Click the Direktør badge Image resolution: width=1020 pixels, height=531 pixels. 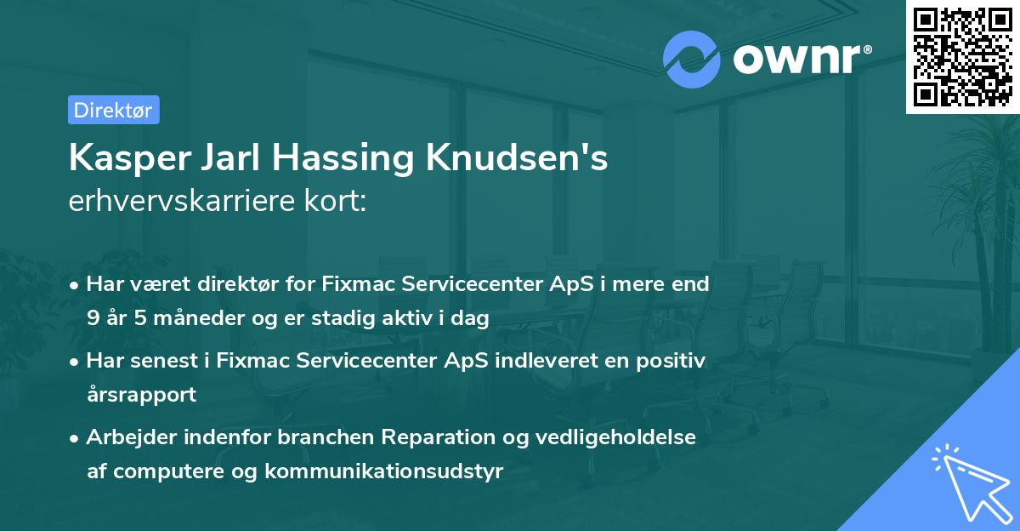pos(113,110)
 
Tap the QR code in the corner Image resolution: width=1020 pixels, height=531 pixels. pos(961,56)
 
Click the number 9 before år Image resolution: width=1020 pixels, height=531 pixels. pos(93,319)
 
